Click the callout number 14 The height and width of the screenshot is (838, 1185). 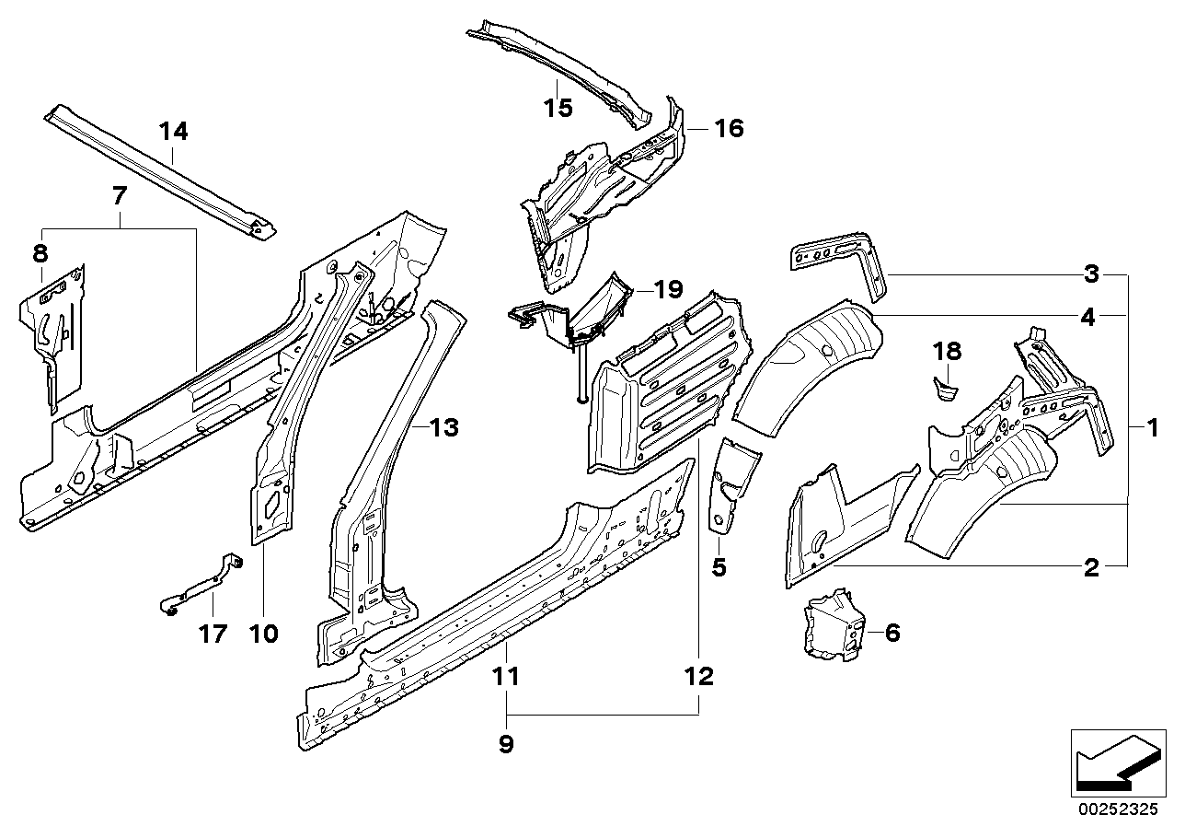coord(173,132)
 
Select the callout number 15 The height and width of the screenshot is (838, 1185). coord(558,108)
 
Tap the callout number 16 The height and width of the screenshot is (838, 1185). coord(728,128)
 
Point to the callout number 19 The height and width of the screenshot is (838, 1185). coord(668,290)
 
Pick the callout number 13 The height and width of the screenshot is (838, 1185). coord(443,427)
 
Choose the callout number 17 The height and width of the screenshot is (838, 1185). coord(213,634)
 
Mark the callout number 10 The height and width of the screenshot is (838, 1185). coord(263,634)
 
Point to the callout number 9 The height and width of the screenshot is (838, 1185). coord(505,744)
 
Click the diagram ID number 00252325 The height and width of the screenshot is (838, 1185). coord(1114,811)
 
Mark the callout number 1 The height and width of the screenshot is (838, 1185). coord(1150,427)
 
